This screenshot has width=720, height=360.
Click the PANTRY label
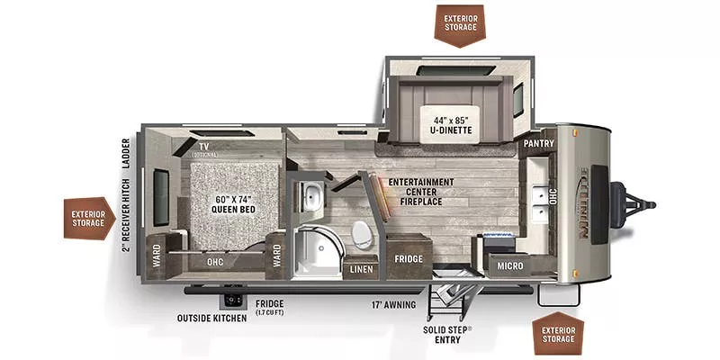click(x=537, y=144)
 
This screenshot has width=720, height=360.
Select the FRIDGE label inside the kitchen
click(x=409, y=258)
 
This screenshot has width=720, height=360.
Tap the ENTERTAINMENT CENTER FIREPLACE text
click(x=421, y=191)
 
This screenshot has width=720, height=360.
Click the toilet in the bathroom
click(x=361, y=233)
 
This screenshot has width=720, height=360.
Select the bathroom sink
click(x=312, y=193)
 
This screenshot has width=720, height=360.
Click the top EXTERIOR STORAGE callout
click(x=458, y=24)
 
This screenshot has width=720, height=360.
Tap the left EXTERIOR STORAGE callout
click(x=87, y=218)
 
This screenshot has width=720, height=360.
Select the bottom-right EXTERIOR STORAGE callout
click(x=559, y=334)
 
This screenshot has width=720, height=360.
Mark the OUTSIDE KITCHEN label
click(x=213, y=317)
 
